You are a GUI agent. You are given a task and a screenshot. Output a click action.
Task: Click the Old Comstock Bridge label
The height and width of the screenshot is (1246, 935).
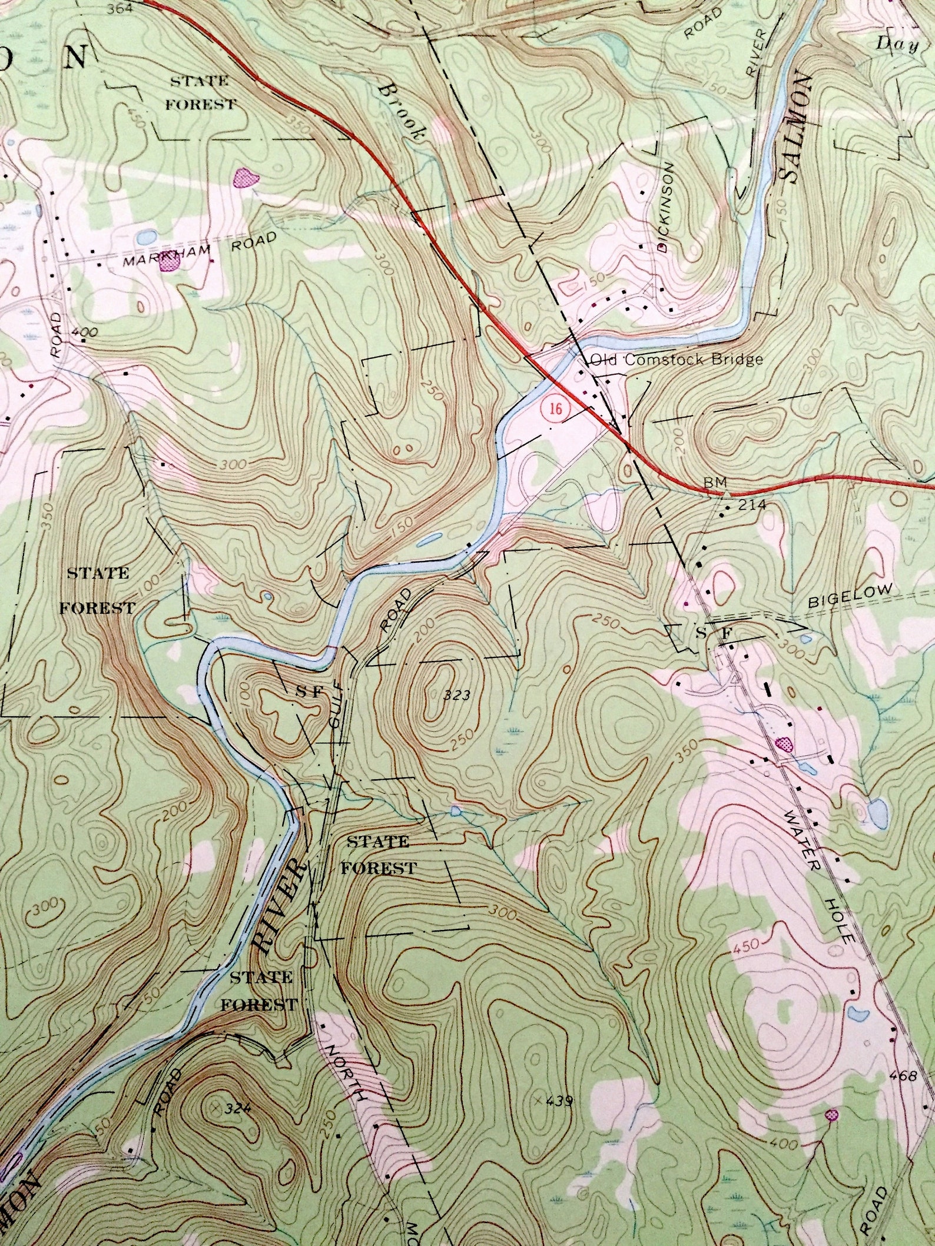coord(677,360)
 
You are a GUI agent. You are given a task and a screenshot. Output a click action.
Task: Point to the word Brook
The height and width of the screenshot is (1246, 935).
coord(403,111)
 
